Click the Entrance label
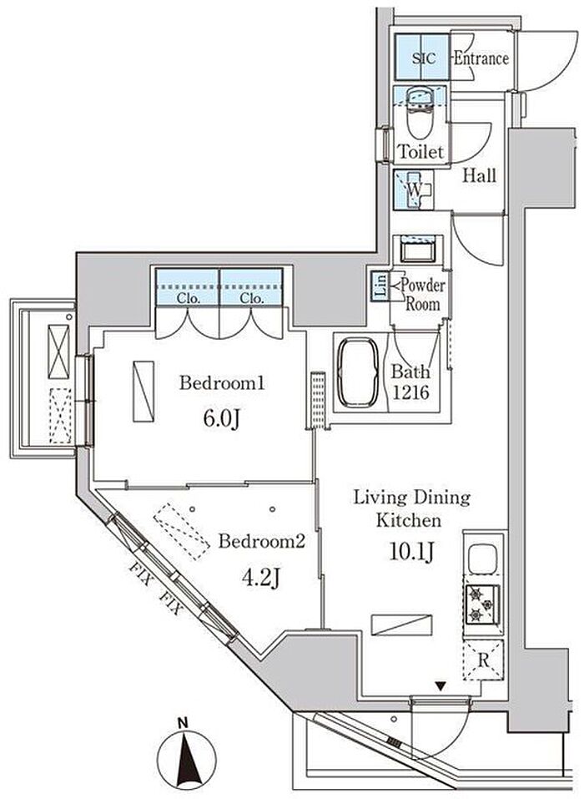[481, 58]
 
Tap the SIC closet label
[423, 58]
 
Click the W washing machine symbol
[414, 190]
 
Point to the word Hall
[479, 176]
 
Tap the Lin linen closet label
[380, 286]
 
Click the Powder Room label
[422, 295]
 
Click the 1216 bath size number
[410, 392]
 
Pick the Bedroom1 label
[221, 382]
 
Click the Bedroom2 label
[261, 541]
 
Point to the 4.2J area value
[261, 578]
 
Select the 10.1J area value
[411, 551]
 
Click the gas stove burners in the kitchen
[481, 604]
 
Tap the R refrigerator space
[483, 660]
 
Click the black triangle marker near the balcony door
[441, 687]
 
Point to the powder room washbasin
[417, 251]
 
